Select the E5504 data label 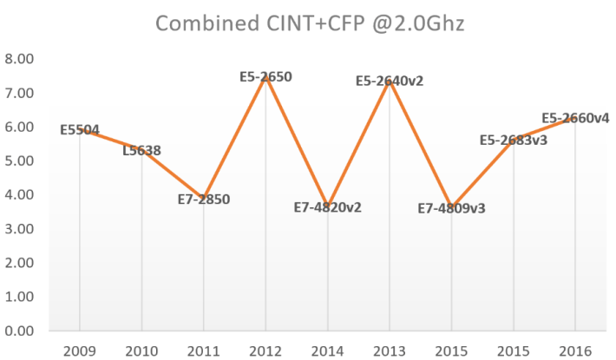coord(80,130)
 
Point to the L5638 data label coord(141,150)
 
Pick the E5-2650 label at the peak coord(265,76)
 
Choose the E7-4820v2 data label coord(327,206)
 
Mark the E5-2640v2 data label coord(390,81)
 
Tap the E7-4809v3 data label coord(451,208)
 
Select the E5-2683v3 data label coord(513,140)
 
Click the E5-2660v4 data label coord(575,118)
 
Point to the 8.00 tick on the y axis coord(20,59)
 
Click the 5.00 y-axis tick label coord(20,161)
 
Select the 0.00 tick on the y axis coord(20,331)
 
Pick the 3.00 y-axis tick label coord(20,229)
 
